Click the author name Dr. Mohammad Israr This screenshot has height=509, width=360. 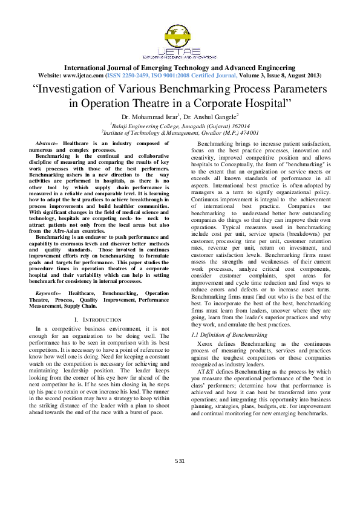point(149,116)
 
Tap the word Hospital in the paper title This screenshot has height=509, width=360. point(263,102)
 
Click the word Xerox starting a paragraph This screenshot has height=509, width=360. point(207,343)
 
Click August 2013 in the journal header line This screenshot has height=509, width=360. point(303,76)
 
